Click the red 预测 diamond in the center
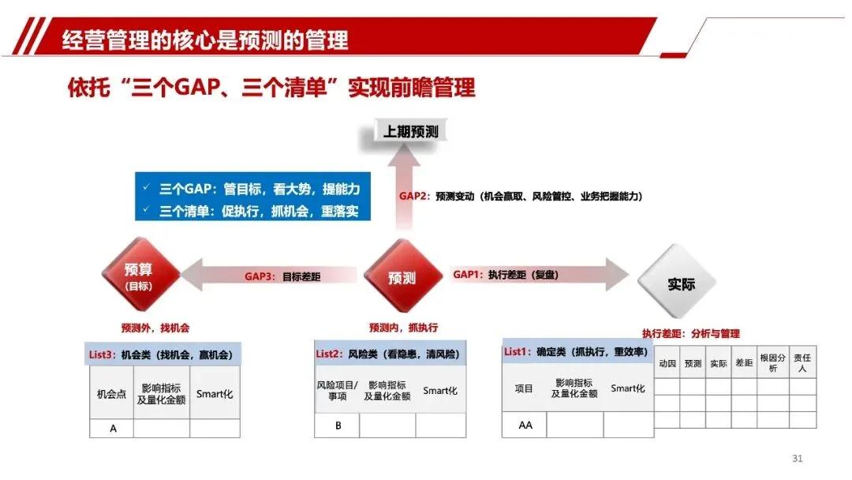click(x=402, y=277)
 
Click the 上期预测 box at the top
click(x=410, y=131)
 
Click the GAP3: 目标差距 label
click(x=282, y=276)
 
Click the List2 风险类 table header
click(x=390, y=354)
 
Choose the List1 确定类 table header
click(x=577, y=351)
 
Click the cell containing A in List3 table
click(x=113, y=428)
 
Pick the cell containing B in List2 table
click(x=338, y=426)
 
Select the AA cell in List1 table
click(x=525, y=425)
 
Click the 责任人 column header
click(x=802, y=363)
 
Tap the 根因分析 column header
click(x=772, y=363)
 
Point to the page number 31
click(x=797, y=459)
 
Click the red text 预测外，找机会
click(x=155, y=327)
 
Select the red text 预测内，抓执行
click(x=403, y=327)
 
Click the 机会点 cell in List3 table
click(x=111, y=392)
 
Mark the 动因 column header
click(x=667, y=364)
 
